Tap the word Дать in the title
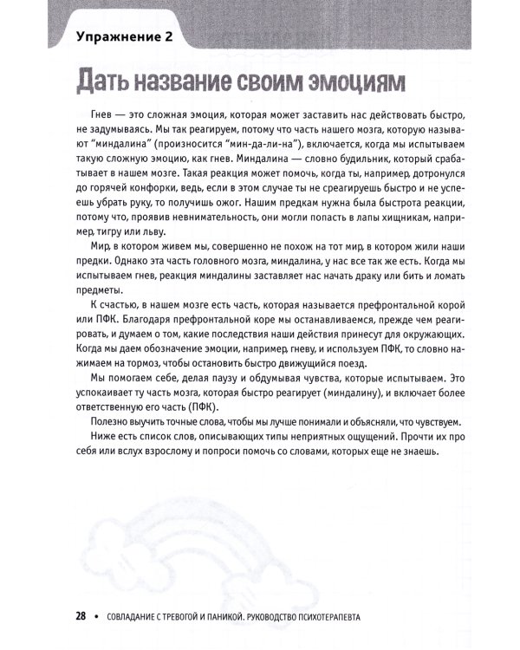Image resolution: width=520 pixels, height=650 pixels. point(108,85)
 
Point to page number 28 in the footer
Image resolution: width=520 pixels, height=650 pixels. point(76,617)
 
